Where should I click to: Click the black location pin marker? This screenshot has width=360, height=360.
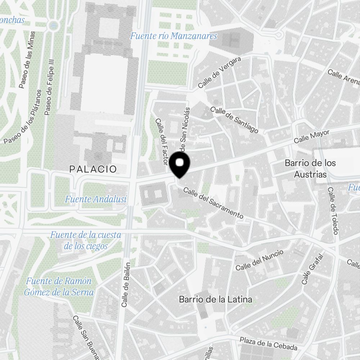tap(180, 165)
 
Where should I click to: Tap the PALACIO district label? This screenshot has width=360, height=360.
tap(93, 169)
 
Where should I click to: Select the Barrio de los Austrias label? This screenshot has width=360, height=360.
tap(310, 169)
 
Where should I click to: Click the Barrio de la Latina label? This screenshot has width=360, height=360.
tap(215, 299)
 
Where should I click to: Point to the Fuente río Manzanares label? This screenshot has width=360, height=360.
tap(174, 36)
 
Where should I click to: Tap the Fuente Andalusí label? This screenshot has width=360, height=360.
tap(96, 199)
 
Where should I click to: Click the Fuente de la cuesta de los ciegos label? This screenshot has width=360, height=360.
tap(86, 241)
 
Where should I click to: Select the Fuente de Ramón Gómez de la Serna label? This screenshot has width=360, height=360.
tap(59, 287)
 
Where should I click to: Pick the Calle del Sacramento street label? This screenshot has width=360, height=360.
tap(213, 203)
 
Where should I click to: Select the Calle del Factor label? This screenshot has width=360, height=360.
tap(160, 142)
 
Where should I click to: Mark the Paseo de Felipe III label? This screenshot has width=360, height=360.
tap(50, 87)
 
